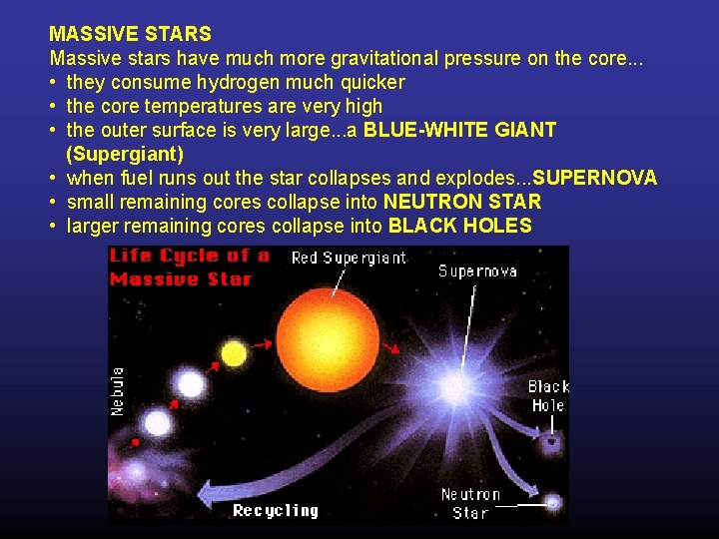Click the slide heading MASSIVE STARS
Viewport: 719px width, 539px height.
pos(131,34)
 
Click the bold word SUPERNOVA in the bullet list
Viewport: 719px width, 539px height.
pos(595,178)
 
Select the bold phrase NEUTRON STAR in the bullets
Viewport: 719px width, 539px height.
pos(462,202)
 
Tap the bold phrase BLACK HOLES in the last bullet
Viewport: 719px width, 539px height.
pos(460,226)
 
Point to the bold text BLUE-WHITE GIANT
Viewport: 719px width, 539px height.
pos(460,130)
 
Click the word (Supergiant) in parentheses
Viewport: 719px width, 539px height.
pos(125,154)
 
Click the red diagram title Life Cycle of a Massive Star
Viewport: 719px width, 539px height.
pos(191,267)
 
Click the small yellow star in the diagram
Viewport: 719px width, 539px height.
pos(234,353)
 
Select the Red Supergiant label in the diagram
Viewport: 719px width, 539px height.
pos(349,259)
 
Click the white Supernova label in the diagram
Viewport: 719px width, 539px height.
pos(477,270)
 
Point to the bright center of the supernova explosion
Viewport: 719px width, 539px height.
pos(456,384)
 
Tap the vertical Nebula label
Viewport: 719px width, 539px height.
pos(118,391)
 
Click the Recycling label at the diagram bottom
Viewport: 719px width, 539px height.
pos(276,510)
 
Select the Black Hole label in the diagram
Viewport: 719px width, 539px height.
pos(547,395)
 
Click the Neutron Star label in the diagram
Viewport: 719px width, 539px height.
pos(470,504)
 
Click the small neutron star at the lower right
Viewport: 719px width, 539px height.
pos(552,502)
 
